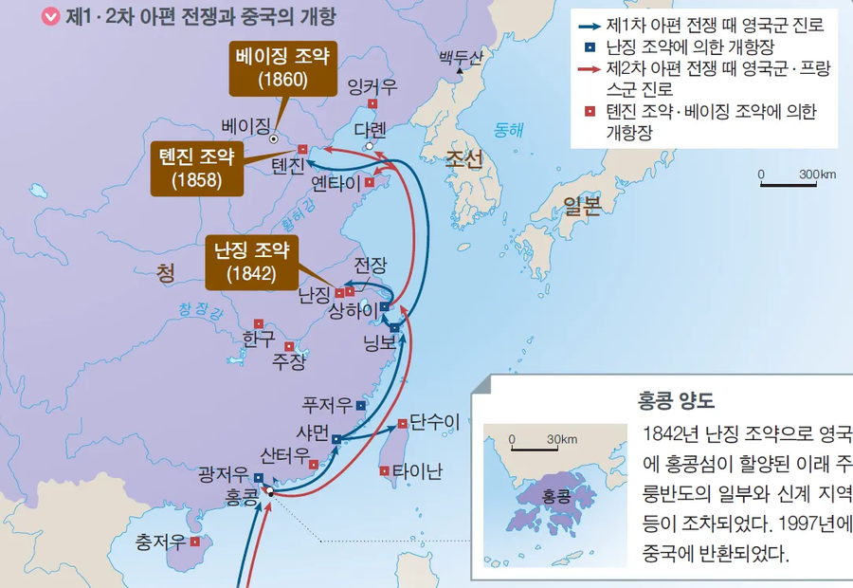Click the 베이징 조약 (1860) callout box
[282, 68]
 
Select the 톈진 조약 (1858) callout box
[196, 167]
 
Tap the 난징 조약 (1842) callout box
[251, 262]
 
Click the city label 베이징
[245, 125]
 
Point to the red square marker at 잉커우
[373, 104]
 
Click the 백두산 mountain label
[461, 58]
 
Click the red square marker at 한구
[259, 323]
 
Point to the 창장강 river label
[199, 310]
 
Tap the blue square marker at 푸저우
[360, 405]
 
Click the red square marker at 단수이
[403, 424]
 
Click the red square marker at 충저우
[194, 542]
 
